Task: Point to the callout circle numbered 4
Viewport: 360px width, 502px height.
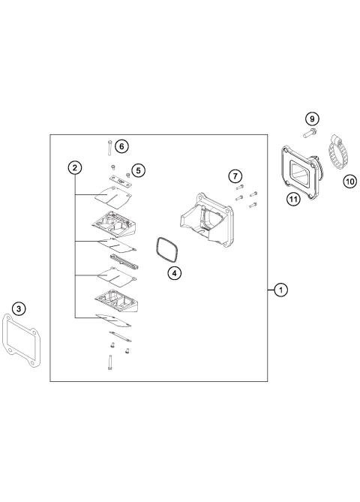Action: [173, 273]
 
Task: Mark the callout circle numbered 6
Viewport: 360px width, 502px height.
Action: [121, 146]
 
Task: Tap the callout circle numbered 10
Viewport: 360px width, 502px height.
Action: [349, 181]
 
